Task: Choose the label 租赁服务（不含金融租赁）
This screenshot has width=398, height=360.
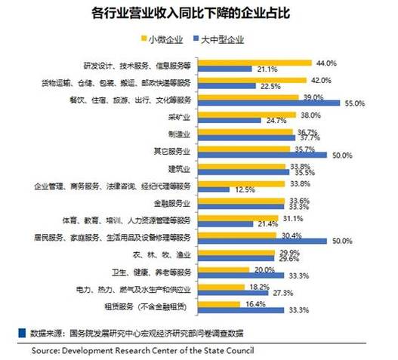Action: (156, 306)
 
